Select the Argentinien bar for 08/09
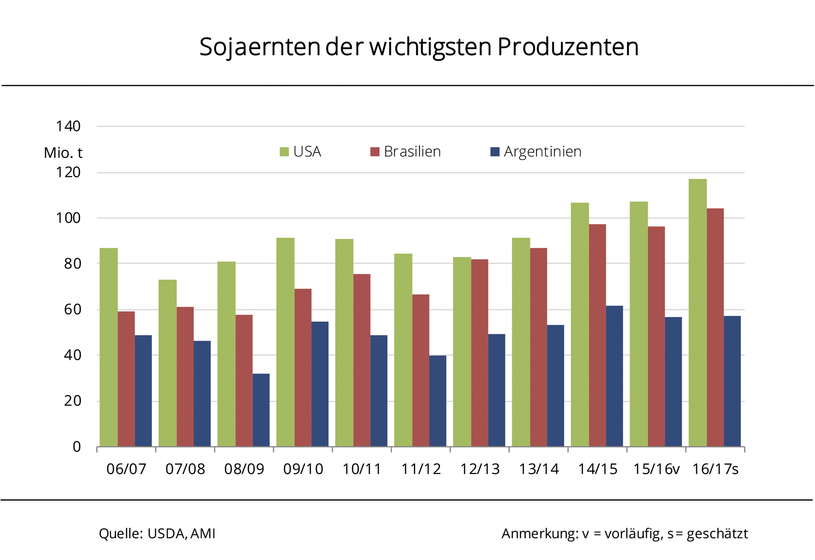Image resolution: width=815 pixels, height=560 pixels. [261, 410]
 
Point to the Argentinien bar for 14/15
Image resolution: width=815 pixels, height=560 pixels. [614, 376]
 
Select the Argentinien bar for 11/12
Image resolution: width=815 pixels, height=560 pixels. [438, 401]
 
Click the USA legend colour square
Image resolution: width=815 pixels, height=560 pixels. [284, 152]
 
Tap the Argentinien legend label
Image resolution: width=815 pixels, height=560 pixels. [542, 152]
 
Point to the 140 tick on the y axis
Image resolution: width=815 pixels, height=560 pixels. [68, 127]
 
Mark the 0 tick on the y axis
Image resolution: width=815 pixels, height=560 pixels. [77, 447]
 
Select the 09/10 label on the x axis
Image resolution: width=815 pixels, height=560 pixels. [303, 469]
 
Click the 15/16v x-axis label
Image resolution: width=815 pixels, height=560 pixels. [656, 469]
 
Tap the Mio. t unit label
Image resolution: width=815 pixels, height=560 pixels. [63, 153]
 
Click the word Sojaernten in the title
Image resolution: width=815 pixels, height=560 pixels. [259, 47]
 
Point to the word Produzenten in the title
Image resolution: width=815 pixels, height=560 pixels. [567, 47]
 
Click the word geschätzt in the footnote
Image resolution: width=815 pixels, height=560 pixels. [718, 534]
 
